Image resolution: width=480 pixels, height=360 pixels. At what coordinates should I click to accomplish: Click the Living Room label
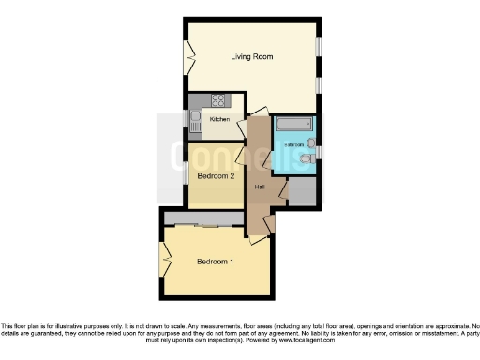click(252, 57)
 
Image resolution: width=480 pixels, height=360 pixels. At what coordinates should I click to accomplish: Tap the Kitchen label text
click(219, 119)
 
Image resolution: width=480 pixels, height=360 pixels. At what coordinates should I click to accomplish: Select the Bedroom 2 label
click(215, 175)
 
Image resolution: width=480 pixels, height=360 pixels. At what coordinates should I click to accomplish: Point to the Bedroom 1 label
click(215, 262)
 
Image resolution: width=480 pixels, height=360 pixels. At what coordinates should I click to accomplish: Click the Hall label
click(260, 186)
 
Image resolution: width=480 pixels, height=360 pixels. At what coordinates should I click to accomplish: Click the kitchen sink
click(196, 120)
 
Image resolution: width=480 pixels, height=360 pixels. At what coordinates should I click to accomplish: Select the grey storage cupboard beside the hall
click(302, 190)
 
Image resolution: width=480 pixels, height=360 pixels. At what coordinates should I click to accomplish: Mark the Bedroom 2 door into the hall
click(241, 153)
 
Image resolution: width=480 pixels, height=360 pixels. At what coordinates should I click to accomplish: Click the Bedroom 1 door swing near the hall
click(268, 224)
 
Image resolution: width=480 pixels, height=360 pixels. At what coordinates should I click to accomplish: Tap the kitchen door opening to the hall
click(243, 126)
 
